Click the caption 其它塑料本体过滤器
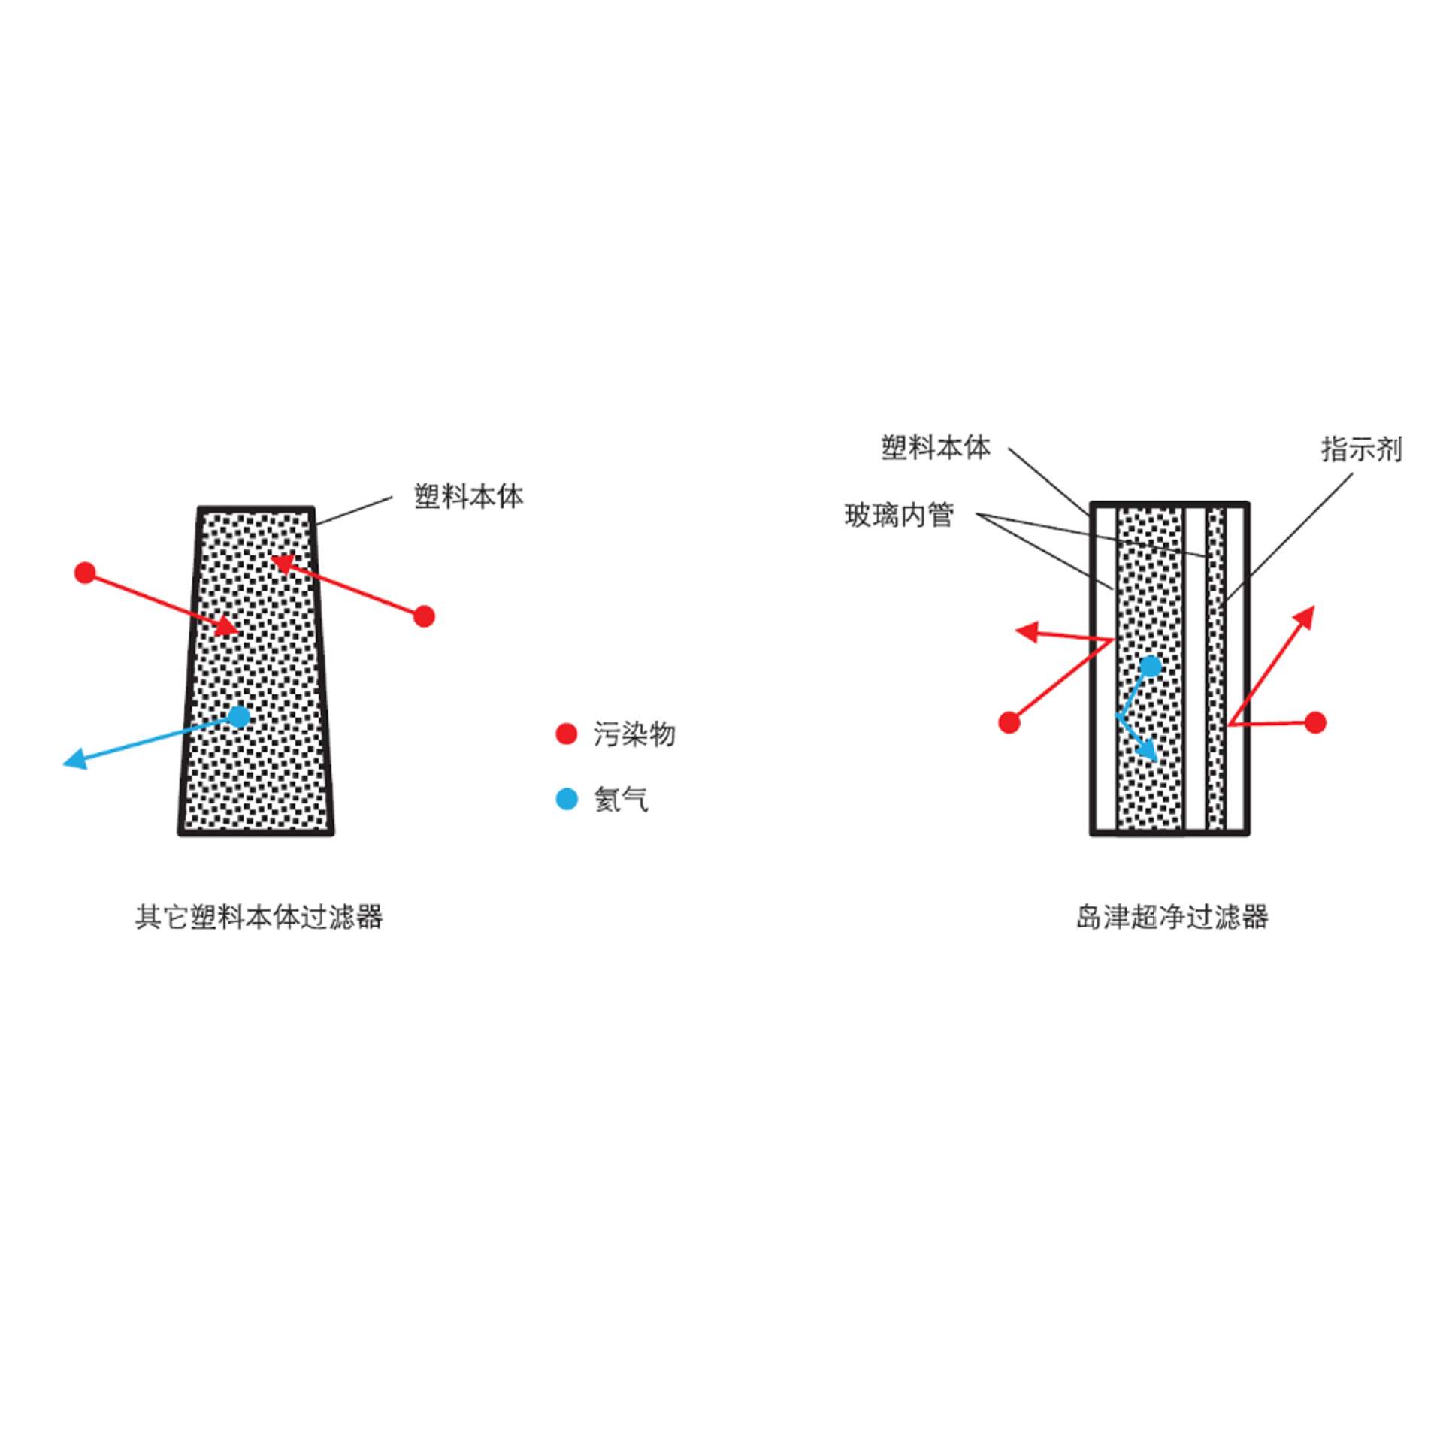259,918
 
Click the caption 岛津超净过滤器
1172,918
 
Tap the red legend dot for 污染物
566,734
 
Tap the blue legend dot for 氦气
566,799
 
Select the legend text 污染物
634,734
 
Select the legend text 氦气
621,800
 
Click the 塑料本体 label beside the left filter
469,497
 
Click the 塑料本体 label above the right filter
936,448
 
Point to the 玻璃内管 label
899,516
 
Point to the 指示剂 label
1362,449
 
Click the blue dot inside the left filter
239,716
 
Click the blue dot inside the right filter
1151,666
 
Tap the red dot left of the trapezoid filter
86,573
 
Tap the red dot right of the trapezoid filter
425,616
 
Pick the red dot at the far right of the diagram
1315,722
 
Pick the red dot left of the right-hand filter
1009,722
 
